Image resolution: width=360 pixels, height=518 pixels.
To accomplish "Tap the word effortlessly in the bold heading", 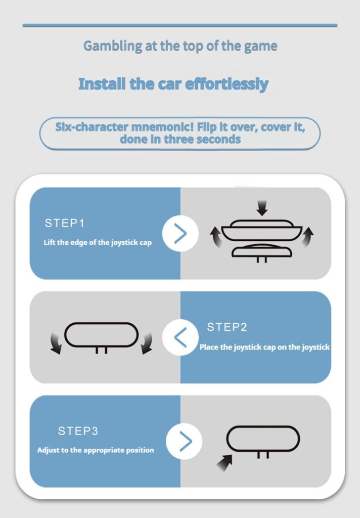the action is click(227, 84).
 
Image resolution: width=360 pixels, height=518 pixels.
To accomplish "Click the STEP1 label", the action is click(65, 223).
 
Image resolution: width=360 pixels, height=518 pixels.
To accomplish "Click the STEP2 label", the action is click(227, 327).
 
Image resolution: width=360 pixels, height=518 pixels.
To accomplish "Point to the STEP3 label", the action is click(78, 431).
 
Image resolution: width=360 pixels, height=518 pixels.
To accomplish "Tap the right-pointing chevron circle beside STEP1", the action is click(181, 234).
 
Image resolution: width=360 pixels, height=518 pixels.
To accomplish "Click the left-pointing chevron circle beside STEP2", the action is click(181, 337).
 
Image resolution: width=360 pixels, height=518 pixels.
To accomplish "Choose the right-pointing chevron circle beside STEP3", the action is click(184, 441).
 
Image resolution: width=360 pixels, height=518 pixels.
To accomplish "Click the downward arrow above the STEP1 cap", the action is click(262, 208).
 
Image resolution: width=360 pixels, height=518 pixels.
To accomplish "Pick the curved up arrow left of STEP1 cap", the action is click(216, 237).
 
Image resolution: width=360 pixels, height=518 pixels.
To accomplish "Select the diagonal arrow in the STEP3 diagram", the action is click(224, 462).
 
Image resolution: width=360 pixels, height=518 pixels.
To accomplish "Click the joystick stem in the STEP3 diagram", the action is click(263, 455).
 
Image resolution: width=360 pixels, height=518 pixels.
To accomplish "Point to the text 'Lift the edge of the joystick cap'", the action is click(98, 242).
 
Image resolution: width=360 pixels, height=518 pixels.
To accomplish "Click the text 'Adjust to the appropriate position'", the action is click(96, 450).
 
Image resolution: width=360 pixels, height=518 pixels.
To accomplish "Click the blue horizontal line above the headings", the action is click(180, 25).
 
